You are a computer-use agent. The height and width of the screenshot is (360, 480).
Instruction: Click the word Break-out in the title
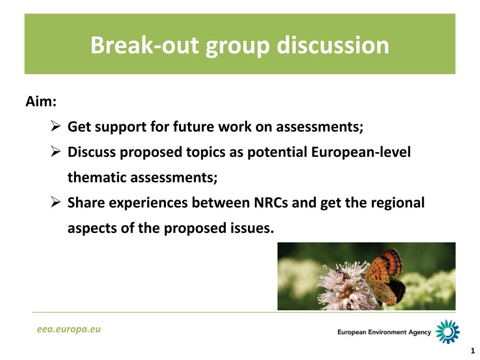tap(145, 45)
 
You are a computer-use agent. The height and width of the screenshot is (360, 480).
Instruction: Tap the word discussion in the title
tap(333, 45)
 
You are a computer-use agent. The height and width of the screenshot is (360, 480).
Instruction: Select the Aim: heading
tap(41, 101)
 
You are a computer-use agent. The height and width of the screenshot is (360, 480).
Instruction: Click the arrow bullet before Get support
tap(56, 126)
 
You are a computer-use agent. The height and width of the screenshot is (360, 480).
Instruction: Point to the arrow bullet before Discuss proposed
tap(56, 151)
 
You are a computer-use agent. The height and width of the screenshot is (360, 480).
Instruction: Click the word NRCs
tap(271, 202)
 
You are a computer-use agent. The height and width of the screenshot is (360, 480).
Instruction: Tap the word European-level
tap(361, 152)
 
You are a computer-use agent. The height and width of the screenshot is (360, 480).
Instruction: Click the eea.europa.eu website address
tap(69, 329)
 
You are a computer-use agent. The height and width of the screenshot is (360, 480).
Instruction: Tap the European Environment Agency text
tap(384, 332)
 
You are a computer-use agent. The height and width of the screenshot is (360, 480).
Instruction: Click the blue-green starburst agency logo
tap(448, 331)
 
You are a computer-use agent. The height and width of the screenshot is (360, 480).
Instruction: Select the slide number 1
tap(472, 351)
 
